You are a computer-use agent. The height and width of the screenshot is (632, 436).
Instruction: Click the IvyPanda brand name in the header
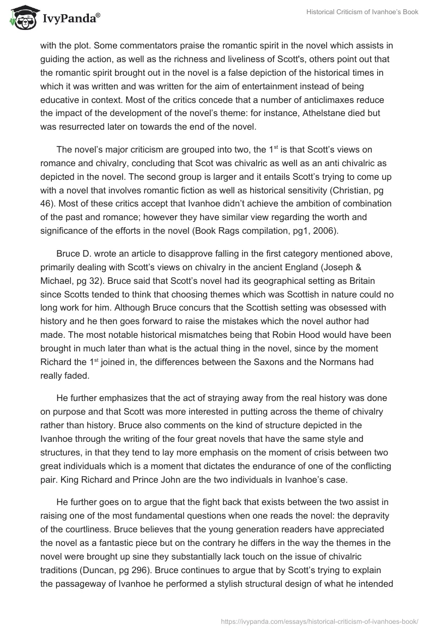(x=71, y=20)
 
